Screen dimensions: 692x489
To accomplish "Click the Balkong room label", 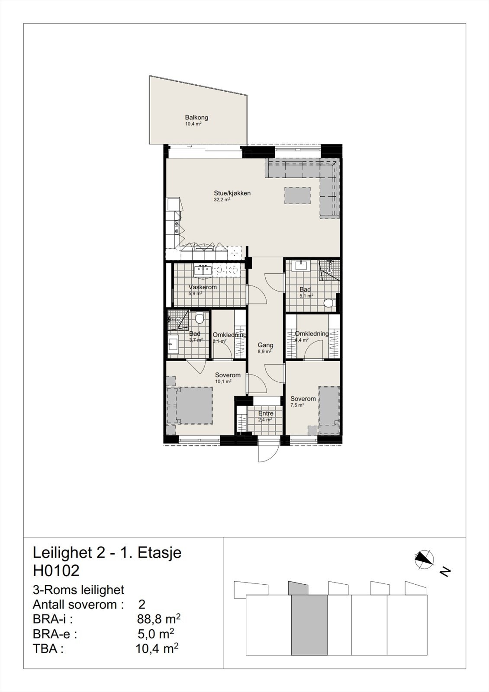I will [196, 117].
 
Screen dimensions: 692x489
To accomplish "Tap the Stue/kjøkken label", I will [232, 193].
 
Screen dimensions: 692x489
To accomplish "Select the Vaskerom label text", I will [203, 287].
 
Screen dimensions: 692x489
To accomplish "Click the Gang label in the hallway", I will [265, 345].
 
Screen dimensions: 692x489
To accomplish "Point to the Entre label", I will [266, 413].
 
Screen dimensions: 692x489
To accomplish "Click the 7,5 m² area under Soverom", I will [297, 405].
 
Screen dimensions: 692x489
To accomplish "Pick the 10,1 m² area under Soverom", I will [223, 381].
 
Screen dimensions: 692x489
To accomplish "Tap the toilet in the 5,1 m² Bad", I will [330, 303].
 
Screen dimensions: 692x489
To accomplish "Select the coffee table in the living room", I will [298, 195].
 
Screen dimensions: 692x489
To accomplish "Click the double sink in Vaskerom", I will [202, 270].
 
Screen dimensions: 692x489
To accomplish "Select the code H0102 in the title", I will [56, 571].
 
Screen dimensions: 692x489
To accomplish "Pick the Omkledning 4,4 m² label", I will [312, 333].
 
